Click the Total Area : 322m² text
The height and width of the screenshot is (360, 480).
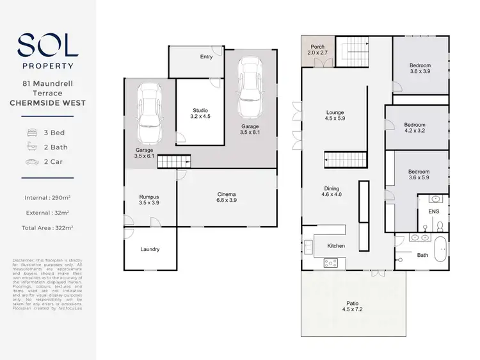click(47, 227)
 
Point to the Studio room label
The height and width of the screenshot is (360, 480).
click(200, 113)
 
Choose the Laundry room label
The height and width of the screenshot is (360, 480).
click(149, 249)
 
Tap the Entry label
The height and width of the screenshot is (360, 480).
click(206, 57)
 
